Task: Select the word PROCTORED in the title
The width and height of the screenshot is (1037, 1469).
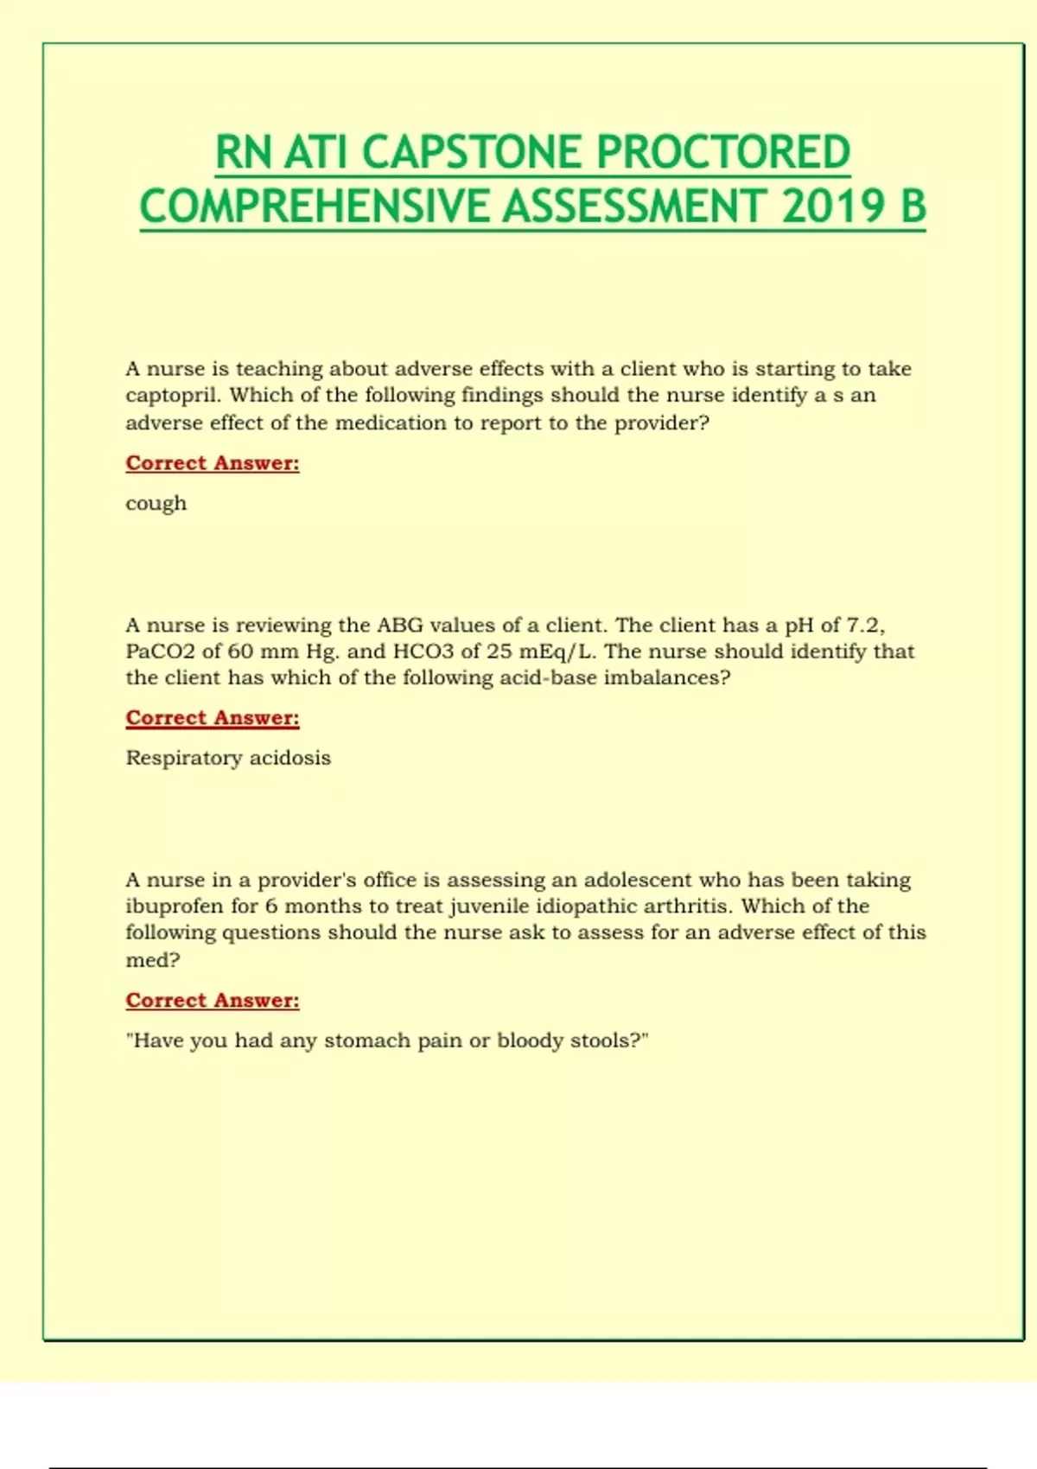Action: pos(723,153)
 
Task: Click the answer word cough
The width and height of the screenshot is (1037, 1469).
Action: pos(156,504)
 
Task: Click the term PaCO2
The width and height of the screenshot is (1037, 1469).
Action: pos(160,652)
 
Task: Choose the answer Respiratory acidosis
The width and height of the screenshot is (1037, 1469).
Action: pos(228,758)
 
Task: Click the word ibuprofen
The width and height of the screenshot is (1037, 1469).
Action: pos(174,906)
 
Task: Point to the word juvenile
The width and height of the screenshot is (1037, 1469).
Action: pos(489,906)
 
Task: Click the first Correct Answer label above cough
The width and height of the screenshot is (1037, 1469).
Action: pos(213,463)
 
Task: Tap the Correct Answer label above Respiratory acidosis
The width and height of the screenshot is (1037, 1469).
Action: pos(213,718)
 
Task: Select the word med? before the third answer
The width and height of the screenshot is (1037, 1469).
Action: pos(152,960)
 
